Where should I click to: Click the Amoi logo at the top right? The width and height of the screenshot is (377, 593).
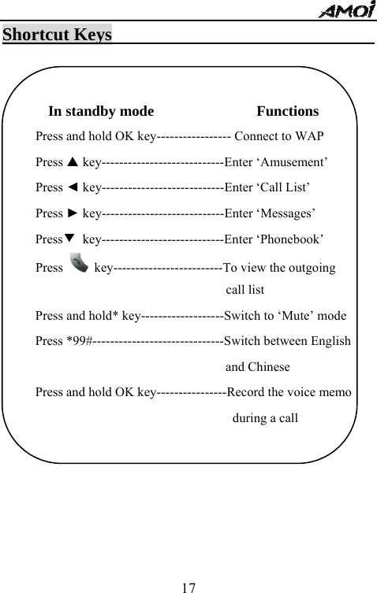click(x=348, y=10)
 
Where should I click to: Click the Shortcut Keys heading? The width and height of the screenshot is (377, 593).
click(x=57, y=35)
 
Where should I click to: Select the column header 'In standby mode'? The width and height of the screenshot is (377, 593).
click(x=101, y=111)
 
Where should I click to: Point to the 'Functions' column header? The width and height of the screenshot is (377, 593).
click(x=287, y=111)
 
